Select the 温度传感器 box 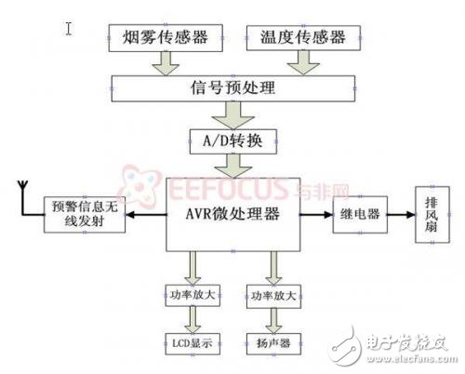pyautogui.click(x=299, y=38)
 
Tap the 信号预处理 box pyautogui.click(x=232, y=89)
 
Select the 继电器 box pyautogui.click(x=359, y=214)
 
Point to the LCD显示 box pyautogui.click(x=193, y=342)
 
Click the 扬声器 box pyautogui.click(x=272, y=342)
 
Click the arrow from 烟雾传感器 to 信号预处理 pyautogui.click(x=169, y=62)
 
